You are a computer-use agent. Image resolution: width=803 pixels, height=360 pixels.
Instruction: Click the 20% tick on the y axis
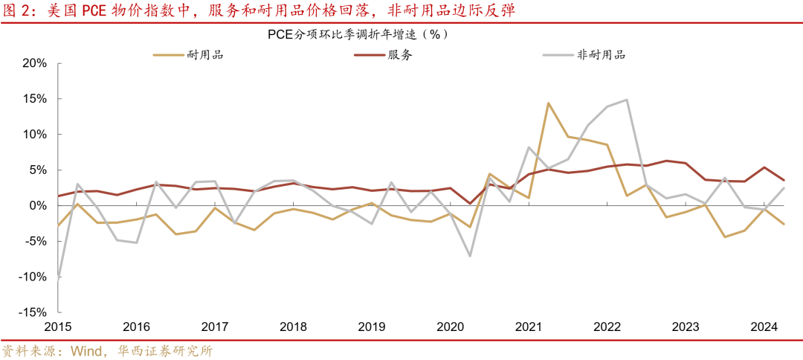tap(34, 63)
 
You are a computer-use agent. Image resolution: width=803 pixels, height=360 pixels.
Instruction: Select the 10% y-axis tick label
tap(34, 135)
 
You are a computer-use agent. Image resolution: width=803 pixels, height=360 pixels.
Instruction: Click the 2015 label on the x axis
tap(58, 327)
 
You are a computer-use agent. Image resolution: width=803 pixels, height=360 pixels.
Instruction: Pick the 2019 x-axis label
tap(372, 327)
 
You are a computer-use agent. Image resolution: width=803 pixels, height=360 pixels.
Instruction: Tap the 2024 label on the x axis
tap(764, 327)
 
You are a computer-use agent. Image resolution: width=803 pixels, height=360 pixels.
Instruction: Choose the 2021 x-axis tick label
tap(529, 327)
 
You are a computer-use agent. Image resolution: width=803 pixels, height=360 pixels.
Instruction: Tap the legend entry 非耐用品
tap(602, 54)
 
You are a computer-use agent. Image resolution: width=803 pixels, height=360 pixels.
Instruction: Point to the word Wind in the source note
tap(88, 350)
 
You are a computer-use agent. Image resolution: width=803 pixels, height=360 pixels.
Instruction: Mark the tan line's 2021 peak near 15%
tap(548, 103)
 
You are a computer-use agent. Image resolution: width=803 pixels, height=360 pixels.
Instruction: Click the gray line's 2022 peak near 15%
tap(627, 100)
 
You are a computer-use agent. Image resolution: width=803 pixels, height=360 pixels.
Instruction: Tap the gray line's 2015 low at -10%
tap(58, 277)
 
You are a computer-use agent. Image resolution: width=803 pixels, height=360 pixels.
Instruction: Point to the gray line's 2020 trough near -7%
tap(470, 256)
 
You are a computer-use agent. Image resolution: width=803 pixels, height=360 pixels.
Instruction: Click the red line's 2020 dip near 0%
tap(470, 203)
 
